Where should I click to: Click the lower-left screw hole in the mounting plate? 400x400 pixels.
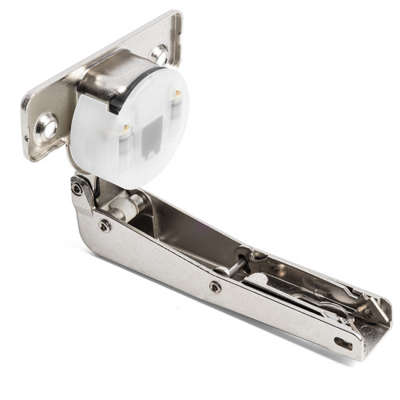coord(47,128)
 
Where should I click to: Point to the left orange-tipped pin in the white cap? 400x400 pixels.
coord(125,128)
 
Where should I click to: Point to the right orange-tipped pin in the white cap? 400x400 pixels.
coord(177,94)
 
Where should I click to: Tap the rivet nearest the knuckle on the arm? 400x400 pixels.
coord(105,226)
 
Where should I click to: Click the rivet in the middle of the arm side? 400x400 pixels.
coord(215,287)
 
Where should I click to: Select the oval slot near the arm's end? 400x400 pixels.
coord(343,343)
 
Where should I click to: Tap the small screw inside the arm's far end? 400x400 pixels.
coord(369,313)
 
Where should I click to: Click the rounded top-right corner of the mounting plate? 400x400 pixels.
coord(177,17)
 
